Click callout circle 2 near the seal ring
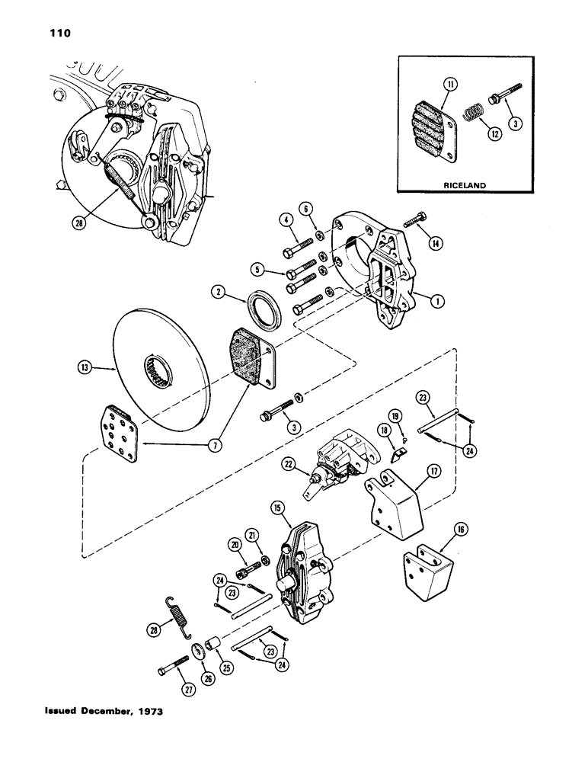[219, 290]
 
